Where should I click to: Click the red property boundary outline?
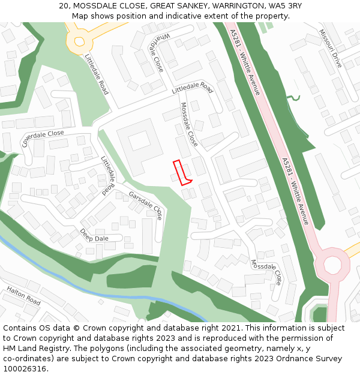(182, 172)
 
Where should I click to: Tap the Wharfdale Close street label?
(154, 52)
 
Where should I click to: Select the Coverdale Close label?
(43, 139)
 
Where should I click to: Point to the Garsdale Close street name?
(145, 204)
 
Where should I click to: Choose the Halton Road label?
(23, 296)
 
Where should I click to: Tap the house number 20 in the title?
(64, 6)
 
